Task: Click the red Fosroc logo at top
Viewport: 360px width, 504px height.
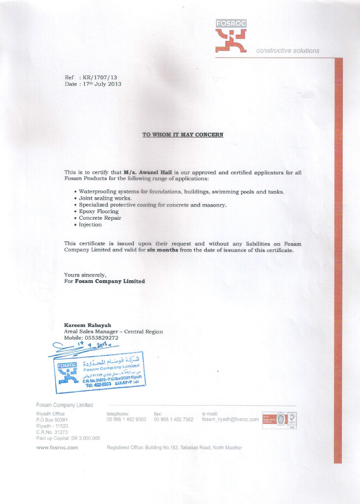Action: pos(231,36)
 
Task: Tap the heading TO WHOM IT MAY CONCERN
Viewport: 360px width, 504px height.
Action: pos(183,135)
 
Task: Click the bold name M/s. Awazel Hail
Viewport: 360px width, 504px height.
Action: pos(147,172)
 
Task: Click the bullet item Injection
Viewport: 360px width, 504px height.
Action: pos(91,225)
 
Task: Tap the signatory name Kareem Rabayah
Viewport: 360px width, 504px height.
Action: pos(88,325)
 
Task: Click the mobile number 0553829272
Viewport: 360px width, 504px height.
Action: pos(101,338)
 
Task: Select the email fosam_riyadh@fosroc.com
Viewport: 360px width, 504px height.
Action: pos(230,419)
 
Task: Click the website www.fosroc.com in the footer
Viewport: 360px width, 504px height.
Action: pos(57,447)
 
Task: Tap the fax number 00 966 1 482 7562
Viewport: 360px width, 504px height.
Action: pos(173,419)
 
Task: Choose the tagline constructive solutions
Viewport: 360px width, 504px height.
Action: pos(288,50)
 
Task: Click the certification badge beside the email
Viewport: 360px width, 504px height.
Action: pos(280,420)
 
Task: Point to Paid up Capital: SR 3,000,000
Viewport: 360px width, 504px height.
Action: pos(68,438)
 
